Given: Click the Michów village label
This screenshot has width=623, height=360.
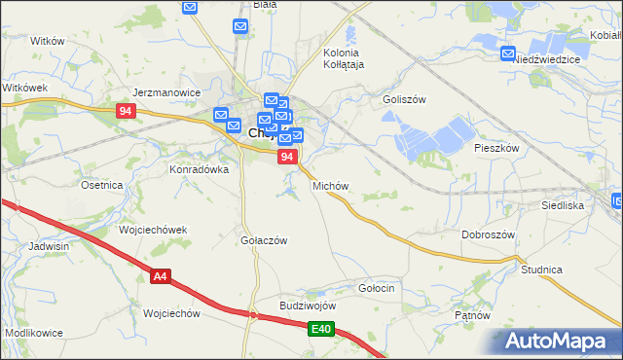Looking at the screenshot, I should click(330, 185).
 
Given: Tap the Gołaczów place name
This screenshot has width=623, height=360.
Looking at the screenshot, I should click(263, 240).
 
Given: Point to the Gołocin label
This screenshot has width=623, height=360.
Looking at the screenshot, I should click(376, 288).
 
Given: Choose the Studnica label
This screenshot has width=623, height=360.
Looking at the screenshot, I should click(541, 269).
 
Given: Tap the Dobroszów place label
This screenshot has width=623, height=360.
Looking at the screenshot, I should click(488, 235).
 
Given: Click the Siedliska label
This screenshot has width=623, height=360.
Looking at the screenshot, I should click(562, 206).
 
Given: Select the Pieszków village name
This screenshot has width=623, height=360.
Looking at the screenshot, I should click(497, 149).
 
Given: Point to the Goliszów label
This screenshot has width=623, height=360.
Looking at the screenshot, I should click(405, 99).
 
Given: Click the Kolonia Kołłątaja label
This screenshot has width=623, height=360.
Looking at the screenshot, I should click(341, 58).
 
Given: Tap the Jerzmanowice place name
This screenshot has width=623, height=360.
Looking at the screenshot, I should click(166, 92).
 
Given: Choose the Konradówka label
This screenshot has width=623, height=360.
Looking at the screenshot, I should click(199, 168).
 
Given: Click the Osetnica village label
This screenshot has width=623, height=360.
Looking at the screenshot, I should click(101, 185).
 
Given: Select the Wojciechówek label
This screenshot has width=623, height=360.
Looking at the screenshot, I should click(152, 230).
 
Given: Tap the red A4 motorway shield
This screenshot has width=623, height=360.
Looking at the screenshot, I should click(162, 277).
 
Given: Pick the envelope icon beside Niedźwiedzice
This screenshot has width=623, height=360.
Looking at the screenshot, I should click(507, 54).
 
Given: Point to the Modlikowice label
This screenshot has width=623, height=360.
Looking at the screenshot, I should click(34, 333).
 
